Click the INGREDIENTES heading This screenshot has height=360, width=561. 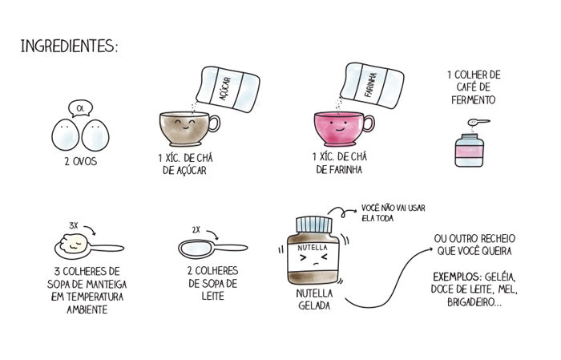(69, 47)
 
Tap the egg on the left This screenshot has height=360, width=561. (66, 135)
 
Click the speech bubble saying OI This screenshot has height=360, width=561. (81, 108)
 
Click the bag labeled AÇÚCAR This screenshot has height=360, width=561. (228, 88)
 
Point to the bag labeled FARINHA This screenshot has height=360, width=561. (373, 85)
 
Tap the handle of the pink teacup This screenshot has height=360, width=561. (369, 124)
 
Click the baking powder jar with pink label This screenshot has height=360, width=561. (470, 150)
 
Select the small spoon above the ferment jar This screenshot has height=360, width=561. (478, 123)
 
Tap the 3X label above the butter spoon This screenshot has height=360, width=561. (74, 226)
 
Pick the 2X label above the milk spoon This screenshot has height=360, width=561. (196, 230)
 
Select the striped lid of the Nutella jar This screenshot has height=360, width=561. (314, 224)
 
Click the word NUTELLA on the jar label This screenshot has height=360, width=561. (313, 248)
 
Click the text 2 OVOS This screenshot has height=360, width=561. (81, 161)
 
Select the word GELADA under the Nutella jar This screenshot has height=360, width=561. (314, 306)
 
